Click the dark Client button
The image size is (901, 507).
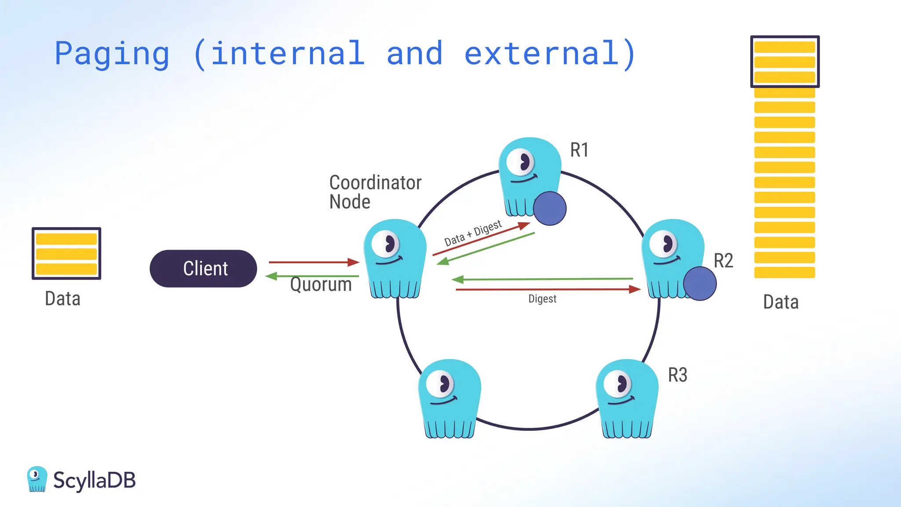(203, 268)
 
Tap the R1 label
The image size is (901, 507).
(579, 150)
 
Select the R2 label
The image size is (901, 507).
(723, 261)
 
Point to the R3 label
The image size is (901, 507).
(677, 375)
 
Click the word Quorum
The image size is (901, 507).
(321, 284)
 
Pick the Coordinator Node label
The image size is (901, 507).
(375, 192)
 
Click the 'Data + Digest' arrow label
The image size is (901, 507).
(472, 233)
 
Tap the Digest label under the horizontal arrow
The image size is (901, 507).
(542, 299)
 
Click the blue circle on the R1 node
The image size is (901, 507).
(549, 208)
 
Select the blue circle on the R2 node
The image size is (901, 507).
(700, 283)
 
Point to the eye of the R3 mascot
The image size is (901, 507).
(618, 384)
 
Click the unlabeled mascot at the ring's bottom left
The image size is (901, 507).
(449, 398)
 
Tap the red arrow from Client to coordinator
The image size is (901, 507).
(313, 262)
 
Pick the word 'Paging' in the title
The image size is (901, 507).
(112, 54)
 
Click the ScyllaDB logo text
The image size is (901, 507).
(94, 480)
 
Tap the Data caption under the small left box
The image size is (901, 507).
(62, 299)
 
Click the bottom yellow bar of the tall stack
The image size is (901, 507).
(784, 272)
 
